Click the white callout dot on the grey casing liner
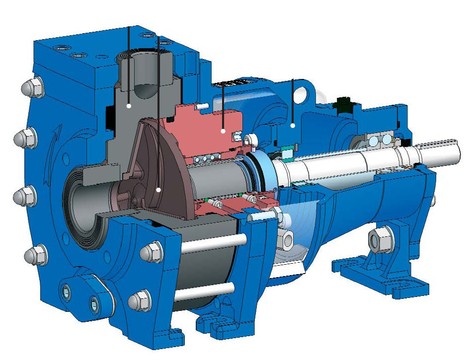[129, 106]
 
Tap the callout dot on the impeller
[158, 189]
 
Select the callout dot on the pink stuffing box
[224, 131]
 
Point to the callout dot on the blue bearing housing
[293, 126]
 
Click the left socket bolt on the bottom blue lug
[67, 292]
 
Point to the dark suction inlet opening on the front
[82, 199]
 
